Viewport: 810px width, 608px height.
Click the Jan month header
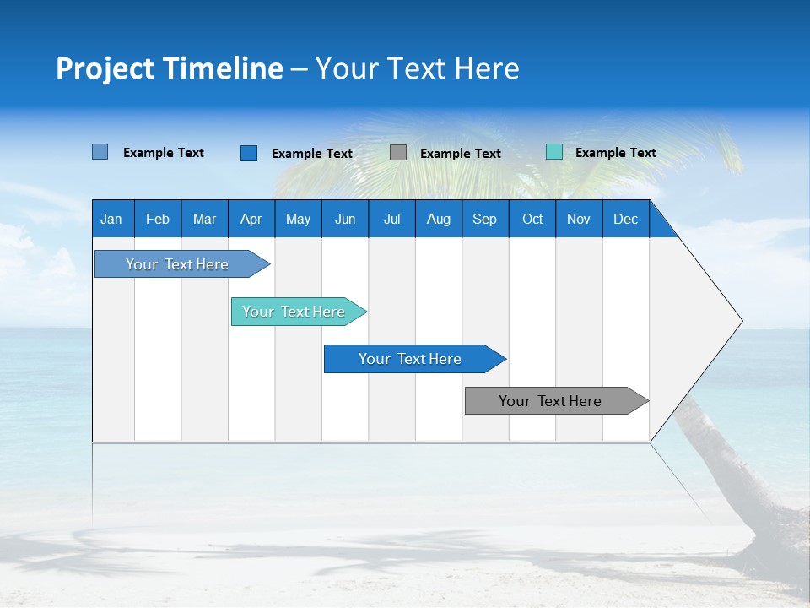(x=111, y=219)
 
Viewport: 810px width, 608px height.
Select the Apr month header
(x=251, y=219)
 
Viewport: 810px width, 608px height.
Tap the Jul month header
(x=391, y=219)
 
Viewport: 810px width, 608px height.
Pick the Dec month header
(x=625, y=219)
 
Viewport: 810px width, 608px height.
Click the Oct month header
(x=532, y=219)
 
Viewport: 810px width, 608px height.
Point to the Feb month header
(x=158, y=219)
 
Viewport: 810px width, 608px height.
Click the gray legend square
(x=398, y=153)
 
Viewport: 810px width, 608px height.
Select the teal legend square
(x=554, y=152)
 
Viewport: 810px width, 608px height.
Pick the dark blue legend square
(x=249, y=153)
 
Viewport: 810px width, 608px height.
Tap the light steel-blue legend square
(x=100, y=152)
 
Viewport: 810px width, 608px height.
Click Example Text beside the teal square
(x=615, y=152)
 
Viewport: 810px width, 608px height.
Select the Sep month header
(x=484, y=219)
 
